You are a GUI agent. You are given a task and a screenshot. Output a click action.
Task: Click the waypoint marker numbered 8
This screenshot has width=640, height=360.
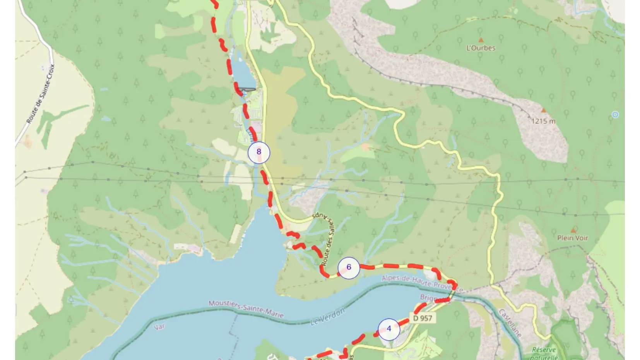coord(259,152)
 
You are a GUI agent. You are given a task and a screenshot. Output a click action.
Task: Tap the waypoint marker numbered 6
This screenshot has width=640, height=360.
coord(349,267)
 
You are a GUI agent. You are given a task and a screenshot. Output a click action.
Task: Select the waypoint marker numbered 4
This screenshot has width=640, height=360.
coord(389,329)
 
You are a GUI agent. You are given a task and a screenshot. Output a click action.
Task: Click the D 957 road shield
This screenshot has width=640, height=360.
coord(422,318)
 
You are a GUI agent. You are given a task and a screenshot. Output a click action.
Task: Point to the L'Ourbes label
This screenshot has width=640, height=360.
coord(481,48)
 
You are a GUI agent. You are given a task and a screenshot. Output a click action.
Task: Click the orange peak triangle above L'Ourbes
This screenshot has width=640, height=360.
coord(481,40)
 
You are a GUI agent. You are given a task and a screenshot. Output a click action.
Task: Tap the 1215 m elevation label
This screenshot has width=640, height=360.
coord(543,121)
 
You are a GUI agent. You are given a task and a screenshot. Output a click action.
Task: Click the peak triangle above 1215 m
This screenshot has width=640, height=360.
coord(543,110)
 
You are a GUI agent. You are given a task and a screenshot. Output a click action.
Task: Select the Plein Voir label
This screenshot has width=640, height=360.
coord(572,238)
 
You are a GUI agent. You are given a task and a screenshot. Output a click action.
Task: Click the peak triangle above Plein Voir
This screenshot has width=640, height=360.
coord(573,230)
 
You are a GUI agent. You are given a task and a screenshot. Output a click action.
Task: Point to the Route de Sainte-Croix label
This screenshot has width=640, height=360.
coord(41,94)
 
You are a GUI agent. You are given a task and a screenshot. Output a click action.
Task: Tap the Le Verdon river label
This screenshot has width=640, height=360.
coord(327,317)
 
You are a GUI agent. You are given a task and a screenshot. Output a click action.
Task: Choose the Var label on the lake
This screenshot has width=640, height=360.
coord(159,327)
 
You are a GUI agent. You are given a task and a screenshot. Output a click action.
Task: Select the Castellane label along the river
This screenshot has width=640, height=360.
coord(510,322)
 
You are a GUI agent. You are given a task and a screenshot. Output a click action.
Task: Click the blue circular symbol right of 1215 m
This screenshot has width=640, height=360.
coord(615,115)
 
